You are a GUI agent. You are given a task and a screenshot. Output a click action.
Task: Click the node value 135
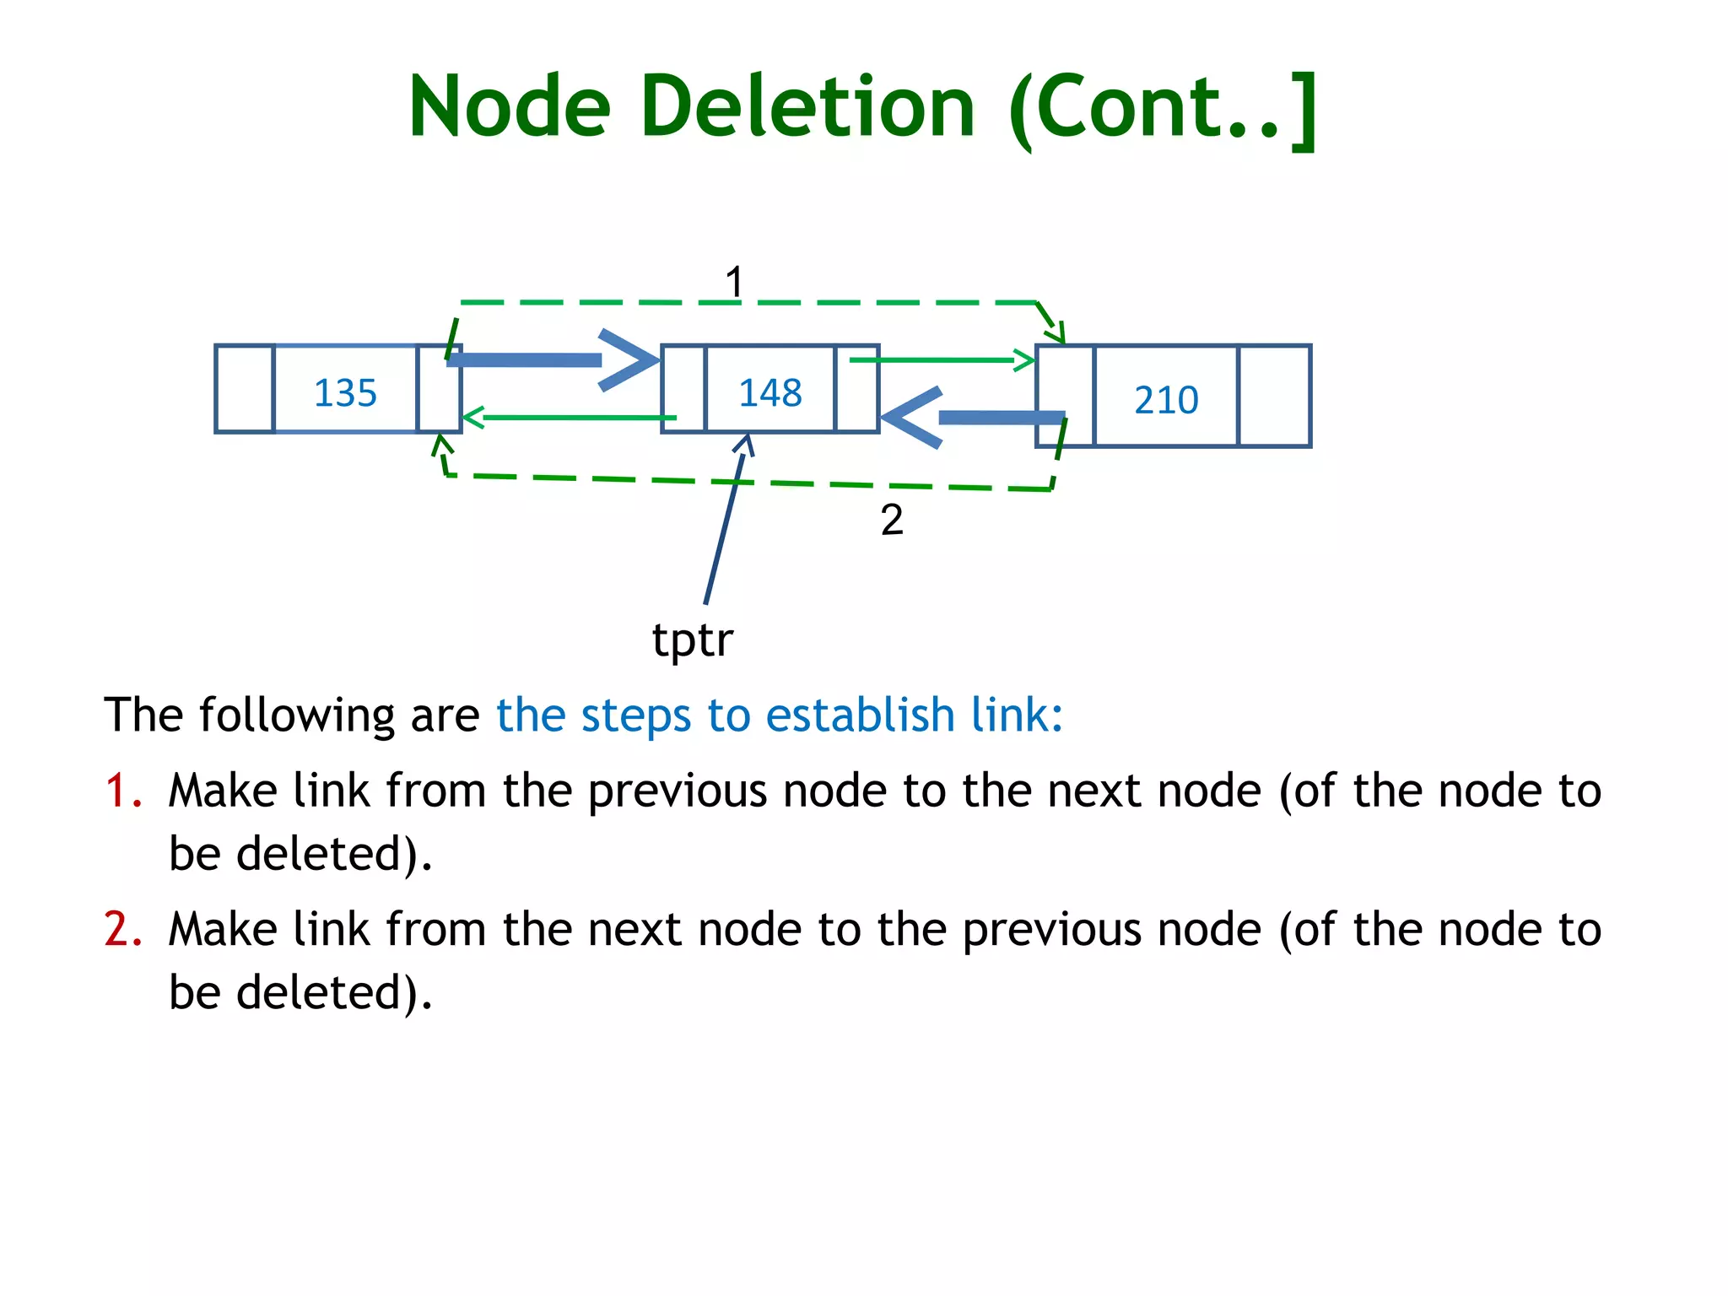coord(345,393)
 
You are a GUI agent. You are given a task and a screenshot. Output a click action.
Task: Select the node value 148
coord(769,393)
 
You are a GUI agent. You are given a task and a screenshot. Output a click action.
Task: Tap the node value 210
coord(1166,400)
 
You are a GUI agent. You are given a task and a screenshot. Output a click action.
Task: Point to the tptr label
coord(692,640)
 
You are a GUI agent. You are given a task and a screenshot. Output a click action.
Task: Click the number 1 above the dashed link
coord(734,282)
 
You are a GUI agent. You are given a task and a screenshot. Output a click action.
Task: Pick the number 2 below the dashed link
coord(892,520)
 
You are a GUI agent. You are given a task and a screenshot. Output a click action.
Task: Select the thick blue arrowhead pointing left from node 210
coord(911,417)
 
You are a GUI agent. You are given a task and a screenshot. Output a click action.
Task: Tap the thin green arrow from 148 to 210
coord(941,361)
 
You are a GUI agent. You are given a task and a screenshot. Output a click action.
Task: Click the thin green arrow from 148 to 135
coord(570,417)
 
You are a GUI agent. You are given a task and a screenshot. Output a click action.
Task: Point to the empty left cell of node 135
coord(245,389)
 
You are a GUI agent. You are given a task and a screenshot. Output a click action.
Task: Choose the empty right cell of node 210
coord(1274,396)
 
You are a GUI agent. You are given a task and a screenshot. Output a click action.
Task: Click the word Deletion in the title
coord(807,106)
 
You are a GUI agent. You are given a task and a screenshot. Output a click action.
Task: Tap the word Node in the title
coord(509,106)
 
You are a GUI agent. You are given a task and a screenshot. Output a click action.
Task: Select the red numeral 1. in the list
coord(123,791)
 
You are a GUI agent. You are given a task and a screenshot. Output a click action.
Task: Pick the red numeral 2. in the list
coord(123,930)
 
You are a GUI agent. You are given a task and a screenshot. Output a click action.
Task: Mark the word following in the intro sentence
coord(296,715)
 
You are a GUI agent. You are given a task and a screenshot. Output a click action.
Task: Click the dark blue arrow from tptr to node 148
coord(724,523)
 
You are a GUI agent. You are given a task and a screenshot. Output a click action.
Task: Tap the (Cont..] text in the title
coord(1163,108)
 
